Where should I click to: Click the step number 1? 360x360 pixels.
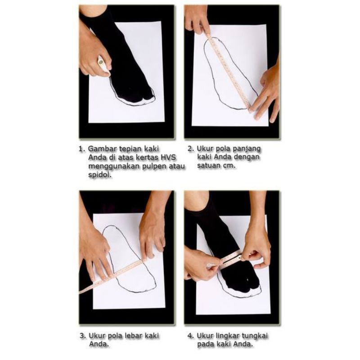pos(81,149)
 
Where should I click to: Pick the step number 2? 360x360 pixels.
pos(190,148)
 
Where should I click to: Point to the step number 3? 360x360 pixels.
pos(82,336)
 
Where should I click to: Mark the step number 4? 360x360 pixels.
pos(190,336)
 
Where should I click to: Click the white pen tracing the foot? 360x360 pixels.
pos(103,65)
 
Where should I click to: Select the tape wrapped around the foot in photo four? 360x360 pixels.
pos(226,260)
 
